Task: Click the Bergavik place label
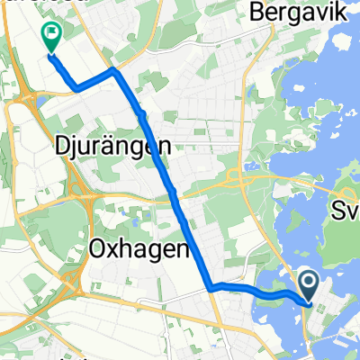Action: pyautogui.click(x=296, y=13)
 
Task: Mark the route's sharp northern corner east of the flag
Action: pyautogui.click(x=112, y=70)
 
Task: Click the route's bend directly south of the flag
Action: pyautogui.click(x=76, y=87)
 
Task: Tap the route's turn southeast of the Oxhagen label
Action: pyautogui.click(x=211, y=288)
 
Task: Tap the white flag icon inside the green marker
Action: pyautogui.click(x=50, y=35)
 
